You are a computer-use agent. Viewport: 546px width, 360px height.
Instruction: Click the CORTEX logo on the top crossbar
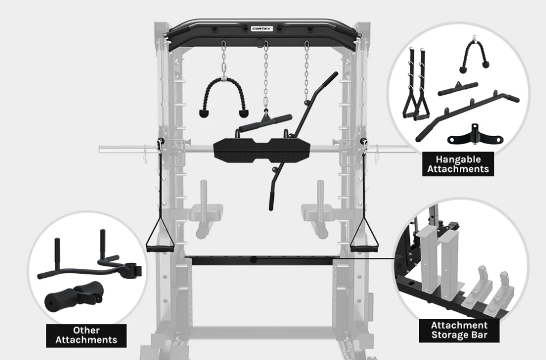[x=262, y=28]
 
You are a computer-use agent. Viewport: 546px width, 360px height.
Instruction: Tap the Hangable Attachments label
[x=458, y=164]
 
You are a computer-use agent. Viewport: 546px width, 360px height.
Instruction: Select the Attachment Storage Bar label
[x=459, y=331]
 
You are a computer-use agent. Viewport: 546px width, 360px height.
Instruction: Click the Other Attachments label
[x=86, y=335]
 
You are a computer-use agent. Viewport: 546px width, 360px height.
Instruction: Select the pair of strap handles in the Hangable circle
[x=416, y=85]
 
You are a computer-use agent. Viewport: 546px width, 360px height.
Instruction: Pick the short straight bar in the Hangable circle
[x=458, y=89]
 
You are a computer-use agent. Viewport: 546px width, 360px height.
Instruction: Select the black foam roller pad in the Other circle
[x=73, y=297]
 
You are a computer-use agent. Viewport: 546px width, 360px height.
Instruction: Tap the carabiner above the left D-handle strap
[x=159, y=146]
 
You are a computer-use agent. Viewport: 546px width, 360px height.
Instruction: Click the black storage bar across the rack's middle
[x=262, y=260]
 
